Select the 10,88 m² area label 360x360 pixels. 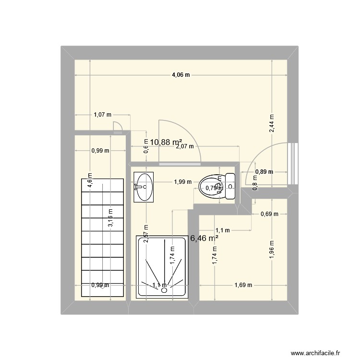[166, 142]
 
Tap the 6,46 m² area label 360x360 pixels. [204, 237]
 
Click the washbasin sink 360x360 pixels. [144, 186]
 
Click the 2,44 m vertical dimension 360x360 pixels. [272, 123]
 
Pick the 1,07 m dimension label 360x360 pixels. [102, 115]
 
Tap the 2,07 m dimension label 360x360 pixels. [185, 147]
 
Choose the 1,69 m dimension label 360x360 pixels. [243, 285]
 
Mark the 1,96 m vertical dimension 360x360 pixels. [272, 250]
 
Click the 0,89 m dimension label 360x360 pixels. [264, 171]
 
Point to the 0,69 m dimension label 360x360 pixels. [269, 214]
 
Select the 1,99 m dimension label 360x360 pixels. [182, 182]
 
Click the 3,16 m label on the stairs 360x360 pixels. [110, 217]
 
